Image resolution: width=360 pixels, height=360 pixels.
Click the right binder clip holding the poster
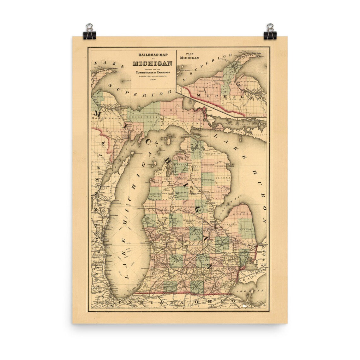(270, 32)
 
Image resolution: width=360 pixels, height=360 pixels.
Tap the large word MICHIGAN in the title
(153, 63)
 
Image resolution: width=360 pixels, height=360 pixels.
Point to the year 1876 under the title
(153, 81)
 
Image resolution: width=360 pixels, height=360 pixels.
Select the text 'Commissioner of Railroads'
(153, 72)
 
